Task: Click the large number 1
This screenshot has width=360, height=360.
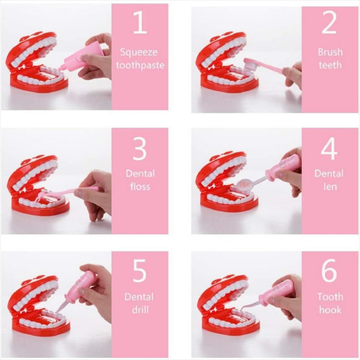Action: pyautogui.click(x=140, y=22)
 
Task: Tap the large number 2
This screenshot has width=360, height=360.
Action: pyautogui.click(x=329, y=22)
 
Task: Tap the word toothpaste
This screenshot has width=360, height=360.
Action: pyautogui.click(x=140, y=66)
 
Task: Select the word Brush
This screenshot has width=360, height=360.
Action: pyautogui.click(x=330, y=52)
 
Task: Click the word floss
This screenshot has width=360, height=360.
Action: pyautogui.click(x=140, y=186)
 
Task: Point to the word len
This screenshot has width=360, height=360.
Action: pyautogui.click(x=330, y=186)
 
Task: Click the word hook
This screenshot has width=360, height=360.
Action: pyautogui.click(x=330, y=310)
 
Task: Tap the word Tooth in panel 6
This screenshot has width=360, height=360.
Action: pyautogui.click(x=330, y=297)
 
